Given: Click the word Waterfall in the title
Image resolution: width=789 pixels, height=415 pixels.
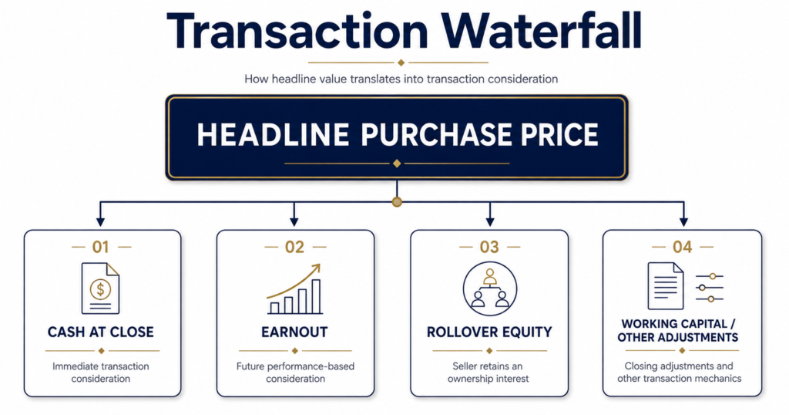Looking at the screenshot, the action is click(x=542, y=30).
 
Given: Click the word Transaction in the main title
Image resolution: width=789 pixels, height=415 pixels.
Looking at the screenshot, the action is click(x=297, y=30).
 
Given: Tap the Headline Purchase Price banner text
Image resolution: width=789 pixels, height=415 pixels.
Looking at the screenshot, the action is click(x=398, y=134).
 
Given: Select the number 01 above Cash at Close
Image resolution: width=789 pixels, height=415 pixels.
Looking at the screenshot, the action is click(x=101, y=247).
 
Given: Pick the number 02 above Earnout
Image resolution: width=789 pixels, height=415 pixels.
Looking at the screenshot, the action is click(x=295, y=247).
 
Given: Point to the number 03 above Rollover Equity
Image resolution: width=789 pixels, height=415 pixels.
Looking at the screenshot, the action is click(x=489, y=247).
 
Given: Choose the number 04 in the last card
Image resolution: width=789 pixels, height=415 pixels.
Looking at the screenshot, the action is click(x=683, y=247).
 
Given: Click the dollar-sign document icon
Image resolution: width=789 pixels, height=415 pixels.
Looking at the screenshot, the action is click(x=101, y=288).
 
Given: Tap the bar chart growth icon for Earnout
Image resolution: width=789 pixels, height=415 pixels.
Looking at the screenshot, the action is click(x=294, y=289).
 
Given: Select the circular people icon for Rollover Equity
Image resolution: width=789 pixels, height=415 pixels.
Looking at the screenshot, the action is click(x=489, y=288).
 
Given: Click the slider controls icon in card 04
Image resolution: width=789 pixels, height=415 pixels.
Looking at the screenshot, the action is click(x=710, y=288).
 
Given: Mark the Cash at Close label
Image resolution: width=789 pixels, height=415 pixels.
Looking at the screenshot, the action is click(x=101, y=332).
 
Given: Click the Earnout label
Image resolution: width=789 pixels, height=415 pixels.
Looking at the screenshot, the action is click(x=294, y=332).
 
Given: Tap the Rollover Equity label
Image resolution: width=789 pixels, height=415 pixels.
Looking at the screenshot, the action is click(x=489, y=332).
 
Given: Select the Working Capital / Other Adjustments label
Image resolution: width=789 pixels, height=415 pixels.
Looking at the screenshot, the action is click(x=678, y=330).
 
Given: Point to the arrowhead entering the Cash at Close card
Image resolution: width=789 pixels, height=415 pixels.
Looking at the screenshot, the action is click(x=101, y=221).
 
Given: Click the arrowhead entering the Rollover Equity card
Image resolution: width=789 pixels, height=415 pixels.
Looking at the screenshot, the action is click(x=489, y=221).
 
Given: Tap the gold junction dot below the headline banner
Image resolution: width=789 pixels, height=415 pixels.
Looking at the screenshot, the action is click(x=397, y=202).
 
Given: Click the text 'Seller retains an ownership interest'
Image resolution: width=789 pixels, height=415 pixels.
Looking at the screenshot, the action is click(x=488, y=373).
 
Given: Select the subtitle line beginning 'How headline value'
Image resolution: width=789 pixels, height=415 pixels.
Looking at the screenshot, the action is click(x=401, y=79).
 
